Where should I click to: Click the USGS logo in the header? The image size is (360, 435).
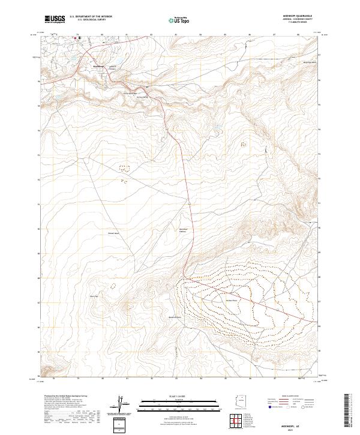coord(55,19)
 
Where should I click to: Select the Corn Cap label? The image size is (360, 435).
coord(94,296)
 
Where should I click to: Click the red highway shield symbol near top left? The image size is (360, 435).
coord(76,38)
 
